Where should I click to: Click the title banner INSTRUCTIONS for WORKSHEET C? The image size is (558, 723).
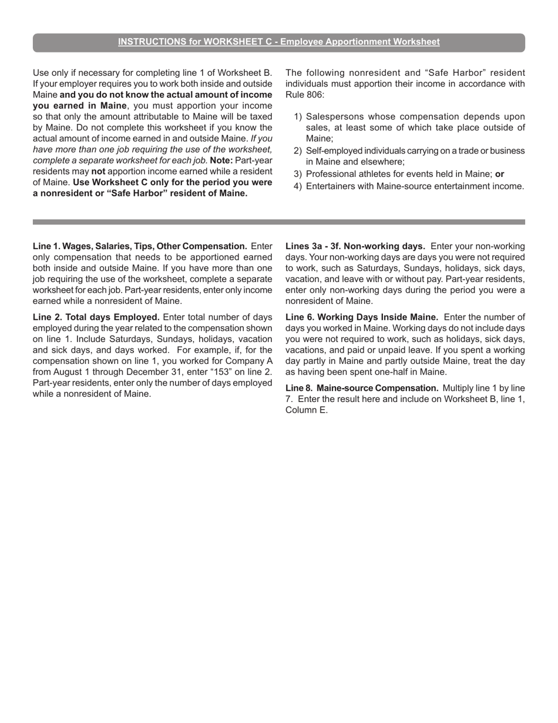click(x=278, y=42)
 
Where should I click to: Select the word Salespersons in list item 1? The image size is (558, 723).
click(x=333, y=116)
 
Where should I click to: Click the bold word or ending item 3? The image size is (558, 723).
click(x=499, y=174)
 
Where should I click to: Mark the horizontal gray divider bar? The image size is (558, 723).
click(x=278, y=222)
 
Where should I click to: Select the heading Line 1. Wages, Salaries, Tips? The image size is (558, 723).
click(x=140, y=246)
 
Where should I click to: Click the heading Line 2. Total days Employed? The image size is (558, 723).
click(x=96, y=317)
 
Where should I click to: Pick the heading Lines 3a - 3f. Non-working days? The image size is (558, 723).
click(x=355, y=246)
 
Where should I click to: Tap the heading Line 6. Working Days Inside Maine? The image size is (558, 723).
click(x=361, y=317)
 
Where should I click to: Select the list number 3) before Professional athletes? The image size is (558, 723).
click(x=297, y=174)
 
